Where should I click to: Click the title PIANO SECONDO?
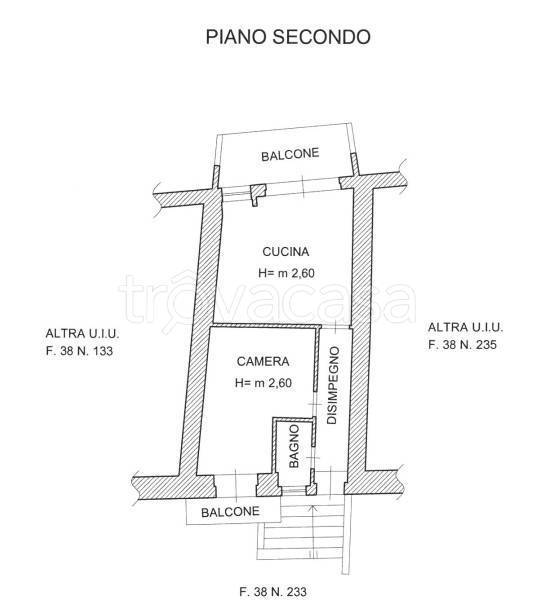click(288, 37)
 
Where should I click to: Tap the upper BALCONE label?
click(290, 154)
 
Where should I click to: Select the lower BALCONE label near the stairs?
click(230, 512)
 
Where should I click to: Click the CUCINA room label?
click(285, 252)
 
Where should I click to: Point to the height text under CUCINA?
click(286, 273)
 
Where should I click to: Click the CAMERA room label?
click(263, 361)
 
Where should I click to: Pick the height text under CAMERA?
click(263, 383)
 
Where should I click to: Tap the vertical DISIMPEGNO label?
click(333, 385)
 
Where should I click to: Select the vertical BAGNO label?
click(294, 446)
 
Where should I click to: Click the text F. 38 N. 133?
click(79, 351)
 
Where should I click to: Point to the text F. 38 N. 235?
click(462, 344)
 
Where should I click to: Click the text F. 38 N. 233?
click(273, 591)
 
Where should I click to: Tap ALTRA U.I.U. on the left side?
click(82, 333)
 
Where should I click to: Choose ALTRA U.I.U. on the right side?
click(465, 327)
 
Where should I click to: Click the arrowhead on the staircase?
click(313, 508)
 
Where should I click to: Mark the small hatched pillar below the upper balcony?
click(258, 194)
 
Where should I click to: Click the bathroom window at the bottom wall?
click(294, 490)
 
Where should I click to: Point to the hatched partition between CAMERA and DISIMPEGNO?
click(317, 358)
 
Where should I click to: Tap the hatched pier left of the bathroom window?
click(268, 485)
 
